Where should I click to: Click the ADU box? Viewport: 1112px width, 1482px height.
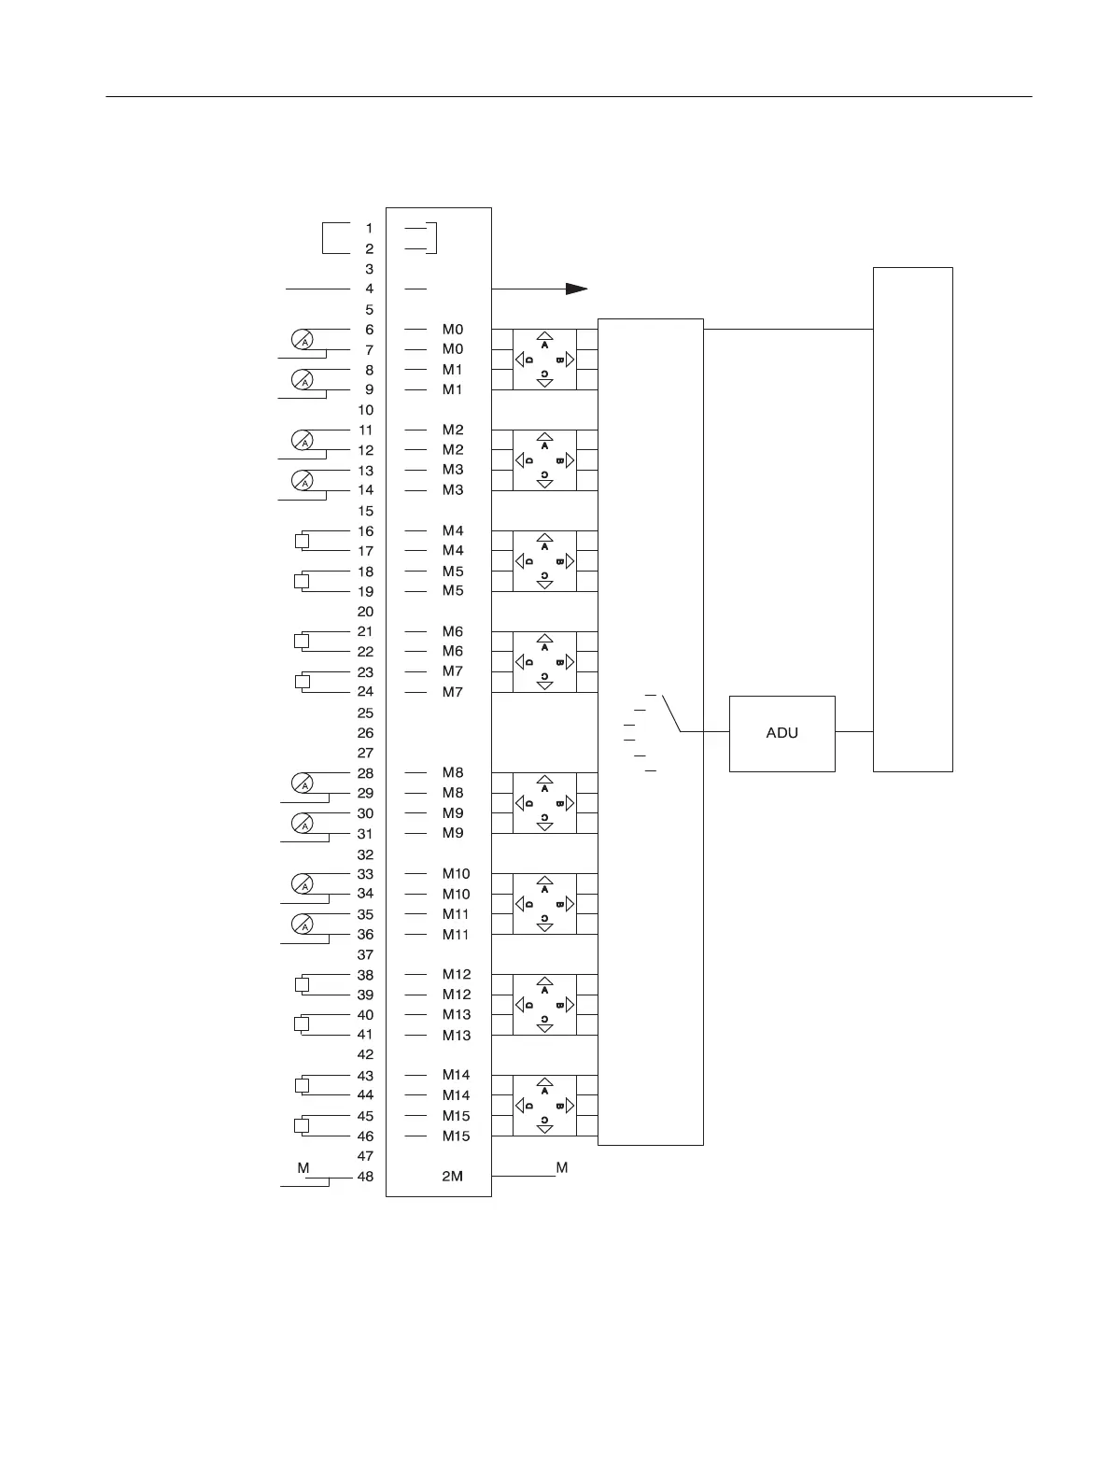pos(781,733)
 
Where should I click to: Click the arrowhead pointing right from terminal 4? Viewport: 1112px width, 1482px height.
pos(576,289)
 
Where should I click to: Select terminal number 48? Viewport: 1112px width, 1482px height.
pos(365,1177)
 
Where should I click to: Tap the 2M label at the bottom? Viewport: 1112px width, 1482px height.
pos(452,1177)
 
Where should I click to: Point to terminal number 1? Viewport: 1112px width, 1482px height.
pos(369,228)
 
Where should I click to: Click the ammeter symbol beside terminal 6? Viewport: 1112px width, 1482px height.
pos(303,340)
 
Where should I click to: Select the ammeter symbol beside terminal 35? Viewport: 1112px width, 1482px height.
pos(303,924)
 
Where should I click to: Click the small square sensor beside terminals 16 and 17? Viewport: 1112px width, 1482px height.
pos(302,541)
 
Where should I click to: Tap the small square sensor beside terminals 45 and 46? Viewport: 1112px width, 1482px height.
pos(302,1125)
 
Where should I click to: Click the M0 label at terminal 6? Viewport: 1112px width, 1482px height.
pos(452,329)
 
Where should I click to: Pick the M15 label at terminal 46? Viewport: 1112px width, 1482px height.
pos(456,1136)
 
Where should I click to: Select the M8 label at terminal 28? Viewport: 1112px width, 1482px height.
pos(452,772)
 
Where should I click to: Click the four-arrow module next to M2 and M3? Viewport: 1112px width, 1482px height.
pos(544,460)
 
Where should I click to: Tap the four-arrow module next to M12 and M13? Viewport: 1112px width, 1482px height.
pos(544,1005)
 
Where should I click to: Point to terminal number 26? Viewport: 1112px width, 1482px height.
pos(365,733)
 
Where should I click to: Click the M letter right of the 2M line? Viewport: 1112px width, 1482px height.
pos(562,1167)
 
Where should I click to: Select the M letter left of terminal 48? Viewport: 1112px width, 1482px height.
pos(303,1168)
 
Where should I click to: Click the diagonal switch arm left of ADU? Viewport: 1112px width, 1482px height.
pos(670,713)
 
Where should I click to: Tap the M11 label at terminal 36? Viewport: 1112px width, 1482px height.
pos(456,934)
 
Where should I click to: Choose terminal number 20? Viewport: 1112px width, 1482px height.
pos(365,612)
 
